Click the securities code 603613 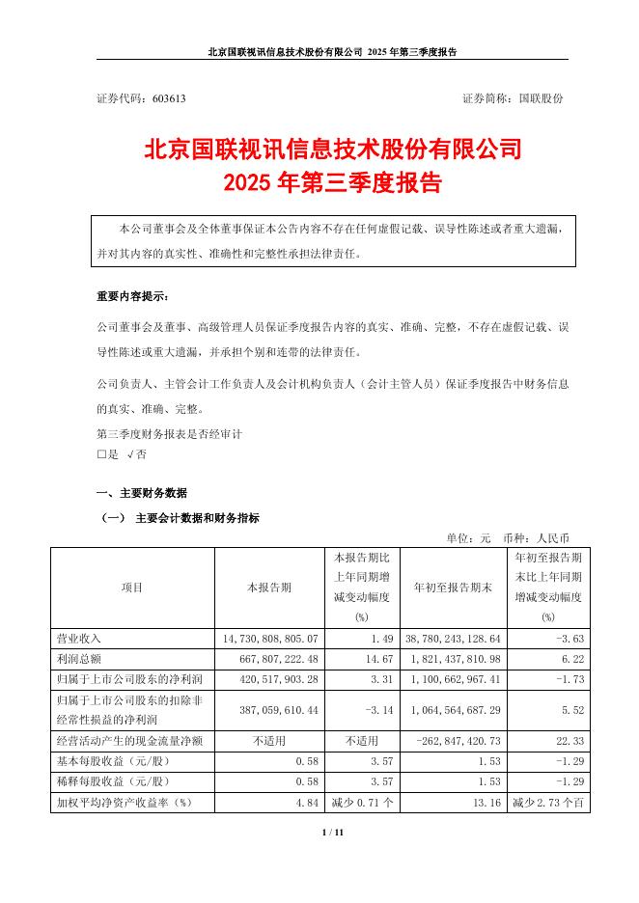[x=166, y=98]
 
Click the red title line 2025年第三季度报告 [x=332, y=180]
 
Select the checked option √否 [x=137, y=453]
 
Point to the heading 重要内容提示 [x=131, y=295]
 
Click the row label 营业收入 [x=80, y=639]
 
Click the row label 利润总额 [x=80, y=657]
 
